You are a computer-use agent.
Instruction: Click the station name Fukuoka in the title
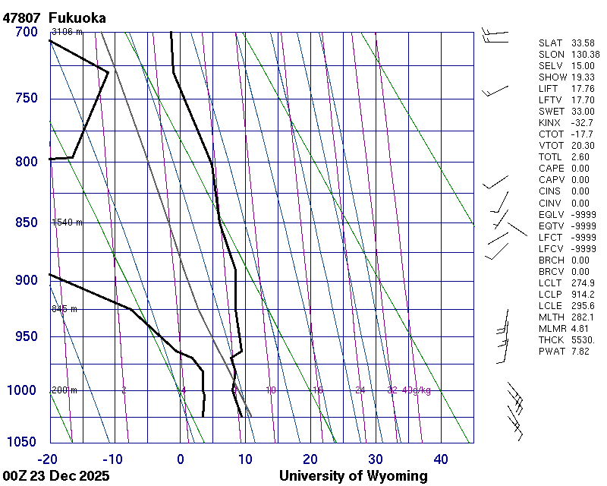77,17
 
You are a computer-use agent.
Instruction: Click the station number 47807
22,17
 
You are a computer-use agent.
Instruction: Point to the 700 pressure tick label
26,32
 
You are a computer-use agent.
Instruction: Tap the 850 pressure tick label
26,222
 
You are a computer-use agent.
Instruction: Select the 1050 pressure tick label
22,443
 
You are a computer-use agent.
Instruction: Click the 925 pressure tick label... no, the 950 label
26,336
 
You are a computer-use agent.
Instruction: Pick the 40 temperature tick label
441,459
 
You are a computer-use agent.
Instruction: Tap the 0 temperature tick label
181,459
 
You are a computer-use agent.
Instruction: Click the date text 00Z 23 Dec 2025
56,476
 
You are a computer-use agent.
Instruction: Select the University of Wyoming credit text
353,476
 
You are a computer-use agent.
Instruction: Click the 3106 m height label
67,31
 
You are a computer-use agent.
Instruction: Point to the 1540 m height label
67,222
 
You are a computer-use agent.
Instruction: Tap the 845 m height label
64,309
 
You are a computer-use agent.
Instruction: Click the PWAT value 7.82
580,351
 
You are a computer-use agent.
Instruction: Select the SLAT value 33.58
583,43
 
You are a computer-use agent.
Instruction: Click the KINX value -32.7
582,122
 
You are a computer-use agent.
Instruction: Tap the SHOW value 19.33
583,77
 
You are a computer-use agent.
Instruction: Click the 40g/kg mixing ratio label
417,390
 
